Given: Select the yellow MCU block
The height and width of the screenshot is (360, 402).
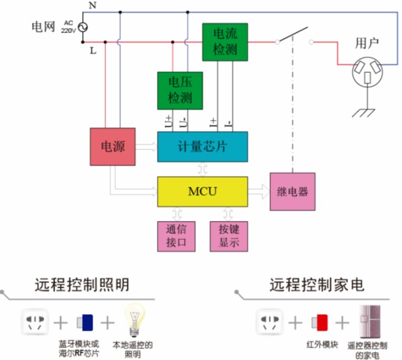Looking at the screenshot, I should pos(202,192).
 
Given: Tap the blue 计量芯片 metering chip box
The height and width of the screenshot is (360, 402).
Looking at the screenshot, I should pos(202,146).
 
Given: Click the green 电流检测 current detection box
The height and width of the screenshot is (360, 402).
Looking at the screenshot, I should pos(225,42).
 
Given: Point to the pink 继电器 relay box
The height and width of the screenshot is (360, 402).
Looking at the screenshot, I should pos(293,192).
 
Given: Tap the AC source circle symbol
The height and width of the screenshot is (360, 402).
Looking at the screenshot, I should pos(80,27).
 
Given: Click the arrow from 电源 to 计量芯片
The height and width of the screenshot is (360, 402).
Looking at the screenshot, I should pos(146,147).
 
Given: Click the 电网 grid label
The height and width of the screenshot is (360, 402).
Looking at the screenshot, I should pos(44,27).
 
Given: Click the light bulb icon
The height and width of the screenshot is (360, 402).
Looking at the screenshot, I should pos(135,318).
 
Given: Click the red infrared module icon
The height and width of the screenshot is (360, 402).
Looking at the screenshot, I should pos(319,322).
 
